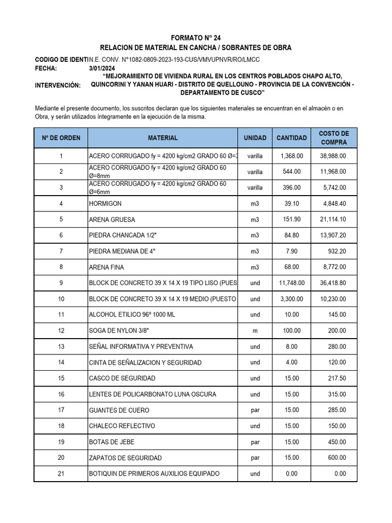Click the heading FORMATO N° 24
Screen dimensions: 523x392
tap(196, 37)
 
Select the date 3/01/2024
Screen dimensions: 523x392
tap(103, 68)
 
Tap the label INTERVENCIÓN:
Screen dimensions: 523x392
tap(58, 85)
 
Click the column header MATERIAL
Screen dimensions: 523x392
tap(163, 138)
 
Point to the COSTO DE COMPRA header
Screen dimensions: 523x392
tap(333, 138)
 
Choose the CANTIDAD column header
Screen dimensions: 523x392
tap(291, 138)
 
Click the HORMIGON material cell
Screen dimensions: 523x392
tap(106, 204)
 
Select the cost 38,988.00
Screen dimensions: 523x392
tap(333, 156)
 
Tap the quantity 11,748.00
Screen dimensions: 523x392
tap(292, 283)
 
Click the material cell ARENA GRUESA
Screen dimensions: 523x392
tap(112, 220)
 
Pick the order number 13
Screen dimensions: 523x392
tap(61, 347)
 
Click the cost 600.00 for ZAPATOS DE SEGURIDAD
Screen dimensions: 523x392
tap(337, 458)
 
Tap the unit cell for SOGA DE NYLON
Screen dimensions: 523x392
tap(255, 331)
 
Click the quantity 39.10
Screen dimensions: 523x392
tap(292, 204)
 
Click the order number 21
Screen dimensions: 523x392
tap(61, 473)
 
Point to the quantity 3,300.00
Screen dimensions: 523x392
tap(292, 299)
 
